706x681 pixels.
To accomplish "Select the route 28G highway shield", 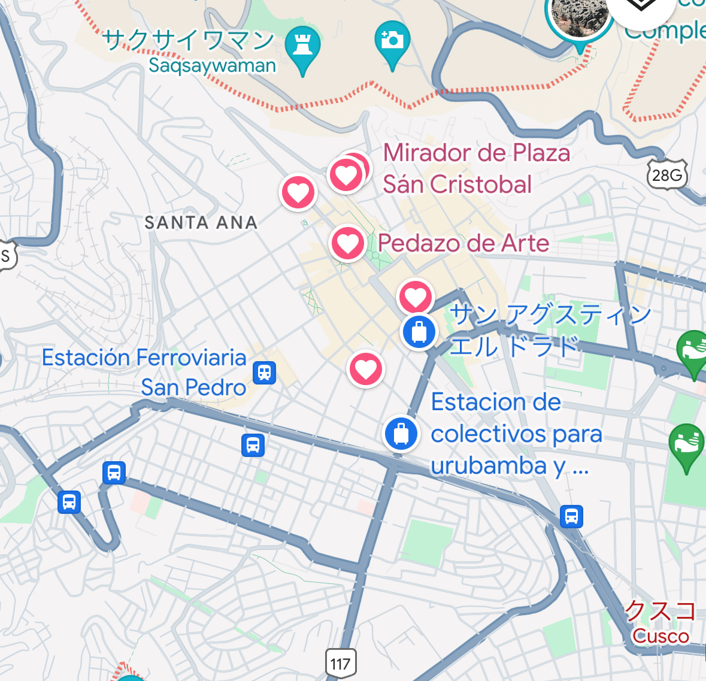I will [x=667, y=175].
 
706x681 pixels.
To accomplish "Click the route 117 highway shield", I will [x=340, y=664].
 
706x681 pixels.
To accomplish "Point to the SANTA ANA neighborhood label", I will [x=201, y=223].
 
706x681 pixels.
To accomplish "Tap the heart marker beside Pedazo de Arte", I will [x=347, y=244].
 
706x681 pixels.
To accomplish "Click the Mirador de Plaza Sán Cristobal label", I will [x=476, y=168].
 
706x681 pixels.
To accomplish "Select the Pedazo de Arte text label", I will [x=463, y=243].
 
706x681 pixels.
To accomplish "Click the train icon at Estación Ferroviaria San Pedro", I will [x=264, y=372].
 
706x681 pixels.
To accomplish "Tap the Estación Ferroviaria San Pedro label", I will [x=144, y=372].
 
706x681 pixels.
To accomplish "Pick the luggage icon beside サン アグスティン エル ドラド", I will [x=419, y=331].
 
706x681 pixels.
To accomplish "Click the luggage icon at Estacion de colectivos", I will [x=401, y=432].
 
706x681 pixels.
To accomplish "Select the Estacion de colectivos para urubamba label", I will [x=516, y=434].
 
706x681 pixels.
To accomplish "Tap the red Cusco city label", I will [x=660, y=636].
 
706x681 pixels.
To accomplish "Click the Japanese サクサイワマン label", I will [x=188, y=41].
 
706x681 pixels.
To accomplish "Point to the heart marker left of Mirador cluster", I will [x=298, y=192].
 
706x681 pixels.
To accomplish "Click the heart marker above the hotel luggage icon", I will [x=416, y=296].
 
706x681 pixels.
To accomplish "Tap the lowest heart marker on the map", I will [x=366, y=369].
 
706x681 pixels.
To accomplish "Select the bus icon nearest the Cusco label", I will [x=571, y=516].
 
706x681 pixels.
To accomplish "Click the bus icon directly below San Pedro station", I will [x=253, y=445].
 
